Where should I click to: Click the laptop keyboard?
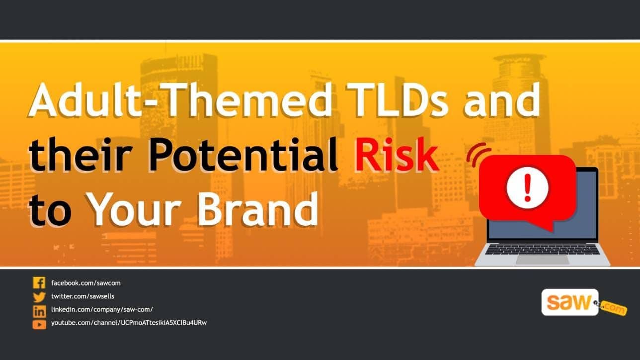coord(542,249)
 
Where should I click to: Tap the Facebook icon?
coord(39,283)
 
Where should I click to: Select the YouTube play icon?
coord(39,324)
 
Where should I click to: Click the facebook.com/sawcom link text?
coord(86,283)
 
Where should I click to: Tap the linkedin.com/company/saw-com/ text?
coord(98,310)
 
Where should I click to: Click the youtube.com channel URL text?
coord(129,323)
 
